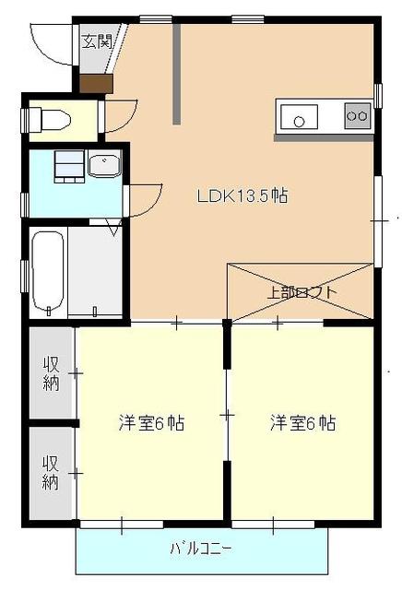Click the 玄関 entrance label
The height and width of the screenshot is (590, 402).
tap(97, 41)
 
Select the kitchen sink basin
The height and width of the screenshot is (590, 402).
tap(299, 117)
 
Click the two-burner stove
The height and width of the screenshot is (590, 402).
tap(357, 115)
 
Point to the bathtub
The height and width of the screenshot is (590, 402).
tap(48, 273)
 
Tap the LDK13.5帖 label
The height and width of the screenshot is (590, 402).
tap(242, 196)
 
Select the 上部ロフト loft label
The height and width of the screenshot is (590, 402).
tap(301, 292)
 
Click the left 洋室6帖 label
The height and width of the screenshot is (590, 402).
tap(152, 423)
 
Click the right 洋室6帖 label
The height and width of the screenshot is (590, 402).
tap(303, 423)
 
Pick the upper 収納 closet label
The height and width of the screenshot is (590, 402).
tap(52, 373)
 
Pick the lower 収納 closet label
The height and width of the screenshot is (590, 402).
tap(51, 472)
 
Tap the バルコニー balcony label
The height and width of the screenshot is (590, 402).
tap(201, 549)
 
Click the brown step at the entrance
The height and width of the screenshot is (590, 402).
tap(97, 84)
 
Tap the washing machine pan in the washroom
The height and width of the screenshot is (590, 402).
tap(69, 166)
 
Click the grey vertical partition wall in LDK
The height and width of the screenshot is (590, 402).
tap(176, 74)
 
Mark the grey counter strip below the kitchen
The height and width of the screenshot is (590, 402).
tap(324, 138)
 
